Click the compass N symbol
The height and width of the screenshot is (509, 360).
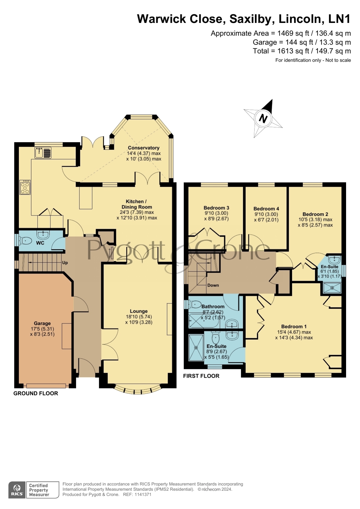click(x=263, y=118)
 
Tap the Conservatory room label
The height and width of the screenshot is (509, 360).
click(x=144, y=148)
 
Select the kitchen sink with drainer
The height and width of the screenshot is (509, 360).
click(x=43, y=153)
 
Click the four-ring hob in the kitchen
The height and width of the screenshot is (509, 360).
click(x=25, y=187)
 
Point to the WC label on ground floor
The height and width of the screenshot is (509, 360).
click(x=40, y=243)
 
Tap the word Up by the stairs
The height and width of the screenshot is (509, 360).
click(x=65, y=263)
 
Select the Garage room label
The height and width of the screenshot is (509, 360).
click(x=42, y=323)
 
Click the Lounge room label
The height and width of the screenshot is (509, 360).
click(x=139, y=311)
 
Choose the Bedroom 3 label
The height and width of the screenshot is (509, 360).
click(x=216, y=208)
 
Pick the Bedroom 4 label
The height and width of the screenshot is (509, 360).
click(x=266, y=209)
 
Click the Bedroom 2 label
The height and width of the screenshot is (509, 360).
click(x=315, y=214)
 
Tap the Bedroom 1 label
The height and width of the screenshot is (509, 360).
click(x=294, y=326)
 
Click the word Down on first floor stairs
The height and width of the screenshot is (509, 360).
click(x=213, y=285)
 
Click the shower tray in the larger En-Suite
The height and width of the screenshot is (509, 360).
click(x=196, y=347)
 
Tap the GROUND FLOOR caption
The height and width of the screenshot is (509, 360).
click(x=36, y=393)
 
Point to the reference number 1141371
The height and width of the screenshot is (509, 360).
click(x=143, y=494)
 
